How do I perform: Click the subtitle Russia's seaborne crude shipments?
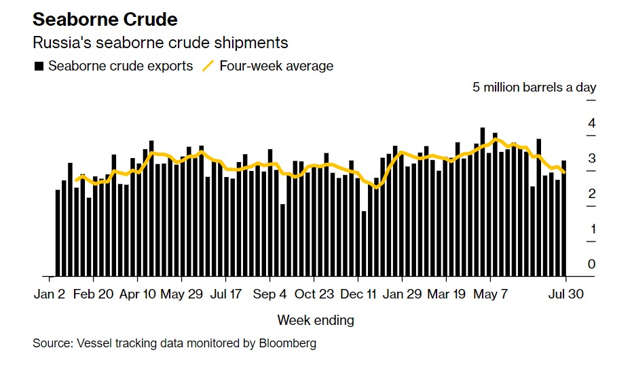(x=161, y=43)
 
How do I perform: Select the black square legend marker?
(x=39, y=66)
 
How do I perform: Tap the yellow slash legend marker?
(x=208, y=66)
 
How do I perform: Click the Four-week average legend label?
(x=276, y=66)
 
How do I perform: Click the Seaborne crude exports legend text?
(x=121, y=66)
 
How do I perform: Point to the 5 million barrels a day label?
(x=534, y=87)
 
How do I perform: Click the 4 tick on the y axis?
(x=592, y=123)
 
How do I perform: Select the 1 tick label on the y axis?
(x=592, y=229)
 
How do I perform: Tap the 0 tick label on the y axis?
(x=592, y=264)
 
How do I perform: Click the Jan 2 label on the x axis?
(x=50, y=294)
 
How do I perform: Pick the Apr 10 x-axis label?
(x=137, y=294)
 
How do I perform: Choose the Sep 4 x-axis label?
(x=269, y=294)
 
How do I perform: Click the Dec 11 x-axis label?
(x=358, y=294)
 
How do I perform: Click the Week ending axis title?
(x=316, y=320)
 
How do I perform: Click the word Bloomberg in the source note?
(x=288, y=343)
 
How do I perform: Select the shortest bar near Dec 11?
(x=364, y=244)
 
